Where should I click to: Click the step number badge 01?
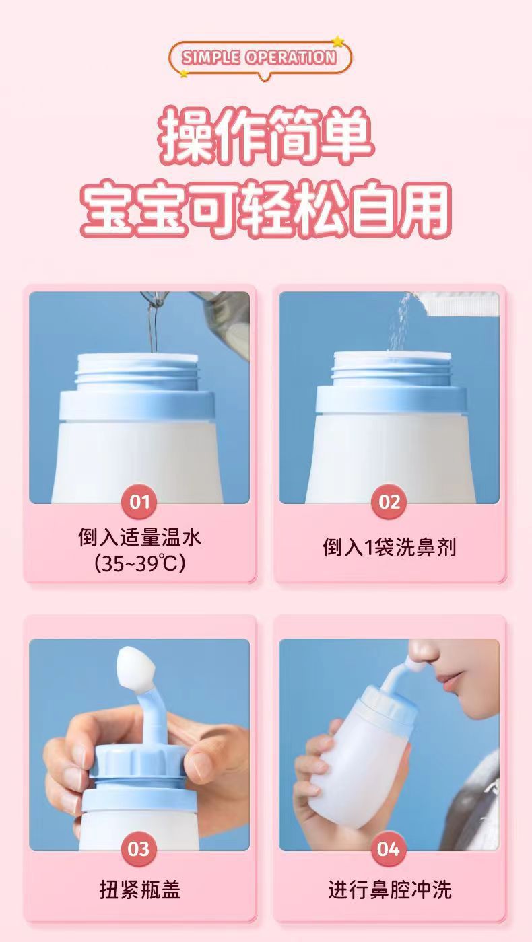click(x=139, y=502)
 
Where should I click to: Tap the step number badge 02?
click(x=389, y=502)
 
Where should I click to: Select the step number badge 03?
click(x=139, y=849)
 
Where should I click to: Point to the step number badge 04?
click(x=389, y=849)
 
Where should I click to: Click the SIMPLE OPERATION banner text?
click(x=259, y=57)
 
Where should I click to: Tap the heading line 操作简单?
click(x=266, y=139)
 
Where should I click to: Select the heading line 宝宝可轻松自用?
click(x=266, y=209)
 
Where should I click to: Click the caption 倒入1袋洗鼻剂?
click(x=389, y=548)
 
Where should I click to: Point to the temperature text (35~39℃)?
click(x=139, y=563)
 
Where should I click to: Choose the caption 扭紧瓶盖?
click(x=139, y=890)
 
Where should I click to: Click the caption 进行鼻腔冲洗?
click(x=389, y=890)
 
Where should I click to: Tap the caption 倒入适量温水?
click(x=139, y=538)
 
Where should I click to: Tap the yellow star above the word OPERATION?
click(x=337, y=42)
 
